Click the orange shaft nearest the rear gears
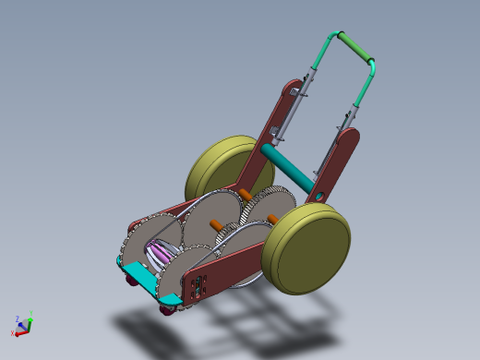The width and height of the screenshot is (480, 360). point(245,194)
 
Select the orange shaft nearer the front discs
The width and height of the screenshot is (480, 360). point(214,224)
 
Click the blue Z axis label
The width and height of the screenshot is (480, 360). point(18,317)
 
